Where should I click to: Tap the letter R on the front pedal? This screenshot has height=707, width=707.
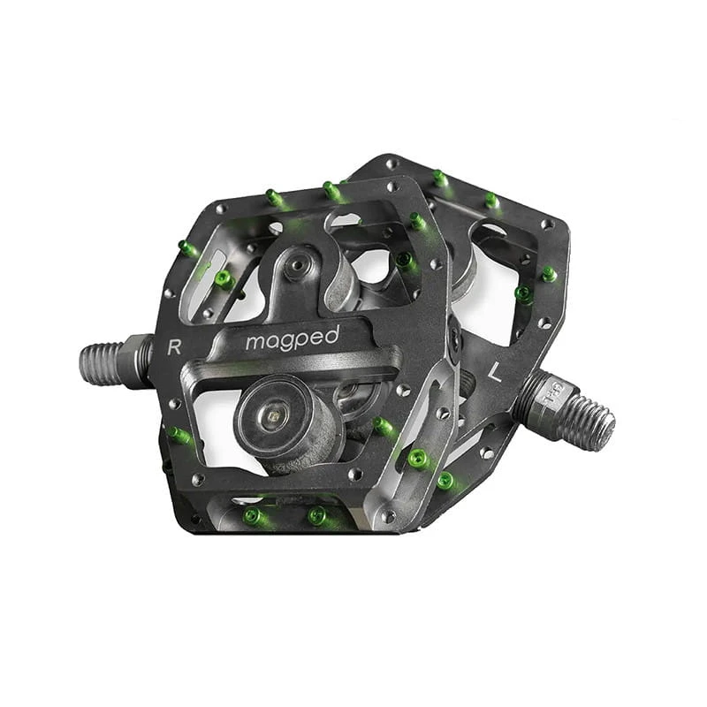pos(174,346)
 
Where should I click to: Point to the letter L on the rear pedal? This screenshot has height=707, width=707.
pos(495,373)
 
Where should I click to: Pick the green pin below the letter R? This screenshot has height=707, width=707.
pos(179,435)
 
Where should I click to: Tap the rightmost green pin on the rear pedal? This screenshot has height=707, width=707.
pos(549,274)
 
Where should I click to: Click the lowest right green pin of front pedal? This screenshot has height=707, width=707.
pos(445,481)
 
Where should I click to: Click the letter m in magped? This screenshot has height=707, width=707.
pos(254,342)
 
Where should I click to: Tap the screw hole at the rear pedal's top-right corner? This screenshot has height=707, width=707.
pos(550,224)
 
